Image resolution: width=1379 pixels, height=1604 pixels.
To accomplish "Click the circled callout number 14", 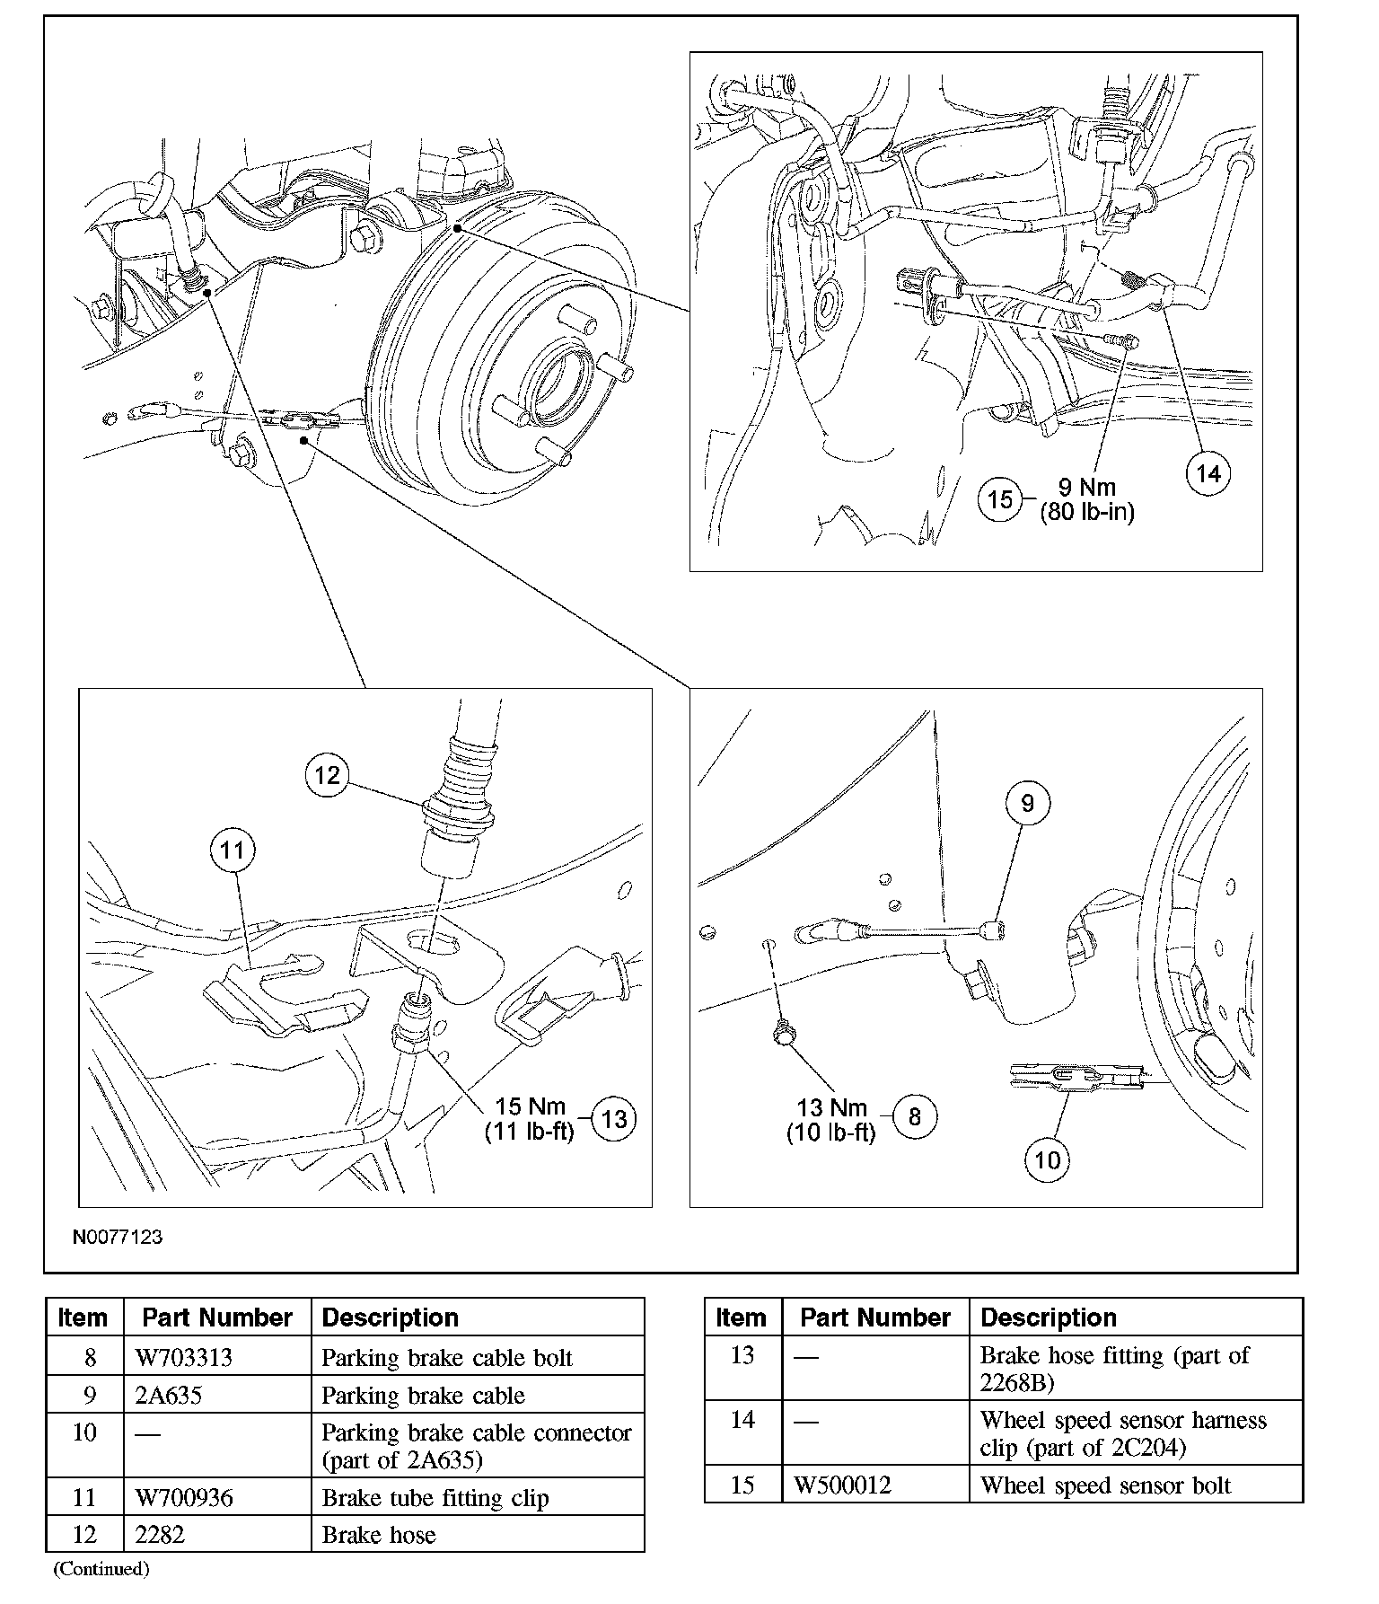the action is coord(1208,473).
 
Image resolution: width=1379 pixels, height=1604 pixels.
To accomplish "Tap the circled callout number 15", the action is coord(1001,498).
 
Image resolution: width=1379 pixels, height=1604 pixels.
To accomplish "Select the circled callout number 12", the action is coord(327,774).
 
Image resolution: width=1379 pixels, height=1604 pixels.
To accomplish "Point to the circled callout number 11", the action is coord(233,850).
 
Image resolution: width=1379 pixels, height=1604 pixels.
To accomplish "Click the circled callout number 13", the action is coord(614,1118).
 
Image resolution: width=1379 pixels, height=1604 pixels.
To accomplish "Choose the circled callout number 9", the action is coord(1027,803).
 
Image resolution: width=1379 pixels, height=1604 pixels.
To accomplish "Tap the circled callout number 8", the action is coord(914,1116).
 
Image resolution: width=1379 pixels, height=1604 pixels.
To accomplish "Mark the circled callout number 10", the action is coord(1047,1160).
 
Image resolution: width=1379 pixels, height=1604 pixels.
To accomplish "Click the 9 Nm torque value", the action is coord(1086,488).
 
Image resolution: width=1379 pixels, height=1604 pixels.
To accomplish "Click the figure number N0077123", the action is coord(118,1237).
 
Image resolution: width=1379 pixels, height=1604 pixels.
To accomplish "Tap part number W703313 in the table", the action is coord(183,1357).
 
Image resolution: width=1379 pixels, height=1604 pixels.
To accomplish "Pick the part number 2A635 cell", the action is coord(168,1395).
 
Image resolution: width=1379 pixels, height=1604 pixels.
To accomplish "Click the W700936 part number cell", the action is coord(184,1497).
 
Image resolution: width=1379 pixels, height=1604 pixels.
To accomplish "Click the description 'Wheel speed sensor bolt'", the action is coord(1105,1485).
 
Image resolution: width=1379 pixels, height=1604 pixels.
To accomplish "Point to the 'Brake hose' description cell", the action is coord(378,1535).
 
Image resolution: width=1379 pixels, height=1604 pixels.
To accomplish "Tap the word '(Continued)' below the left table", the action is coord(101,1569).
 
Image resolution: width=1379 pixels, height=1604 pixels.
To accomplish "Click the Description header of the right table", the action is coord(1048,1318).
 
